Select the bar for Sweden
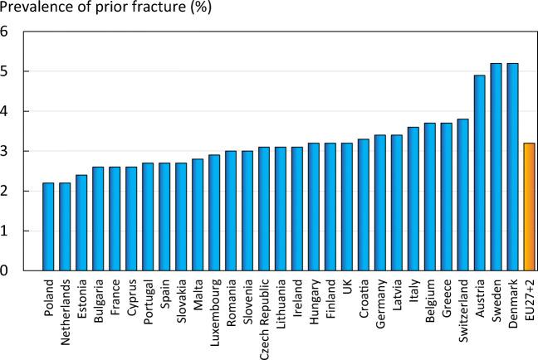point(496,167)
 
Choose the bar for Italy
point(413,198)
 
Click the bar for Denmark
point(512,167)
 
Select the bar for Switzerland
point(462,194)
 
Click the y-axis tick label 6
point(6,32)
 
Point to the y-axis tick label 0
point(6,270)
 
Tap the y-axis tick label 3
point(6,152)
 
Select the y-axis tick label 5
point(6,72)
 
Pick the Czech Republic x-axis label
point(264,319)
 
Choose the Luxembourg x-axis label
point(214,312)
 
